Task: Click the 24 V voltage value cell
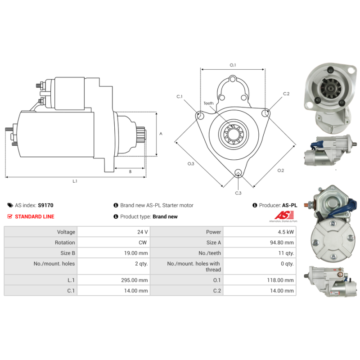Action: pyautogui.click(x=142, y=232)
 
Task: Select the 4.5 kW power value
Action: pyautogui.click(x=286, y=232)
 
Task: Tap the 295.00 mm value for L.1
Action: pyautogui.click(x=134, y=280)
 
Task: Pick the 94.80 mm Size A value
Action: pyautogui.click(x=282, y=243)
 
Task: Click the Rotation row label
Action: pyautogui.click(x=65, y=243)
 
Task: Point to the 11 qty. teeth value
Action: pyautogui.click(x=286, y=253)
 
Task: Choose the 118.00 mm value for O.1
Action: pyautogui.click(x=280, y=280)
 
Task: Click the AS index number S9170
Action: pyautogui.click(x=45, y=205)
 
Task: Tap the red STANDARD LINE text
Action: pyautogui.click(x=35, y=216)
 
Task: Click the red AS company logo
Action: pyautogui.click(x=284, y=216)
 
